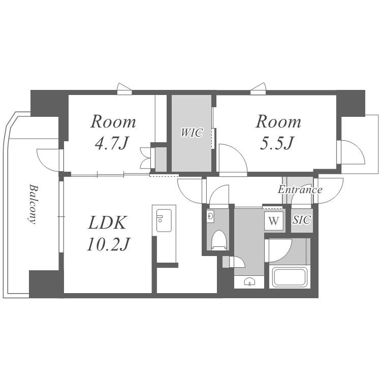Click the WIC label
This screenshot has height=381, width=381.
click(x=192, y=133)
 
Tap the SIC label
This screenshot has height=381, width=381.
click(x=302, y=220)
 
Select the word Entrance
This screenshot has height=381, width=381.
click(x=300, y=189)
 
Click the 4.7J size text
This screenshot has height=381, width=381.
click(x=112, y=143)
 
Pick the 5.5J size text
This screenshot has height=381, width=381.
click(x=277, y=143)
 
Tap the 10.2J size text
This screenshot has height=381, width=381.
click(x=109, y=244)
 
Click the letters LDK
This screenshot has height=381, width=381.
click(x=107, y=223)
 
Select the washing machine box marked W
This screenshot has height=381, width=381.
click(x=274, y=221)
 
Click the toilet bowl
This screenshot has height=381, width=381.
click(x=219, y=240)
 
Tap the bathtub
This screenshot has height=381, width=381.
click(x=289, y=277)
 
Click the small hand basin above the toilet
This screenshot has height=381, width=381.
click(x=210, y=216)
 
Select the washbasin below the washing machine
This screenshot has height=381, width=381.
click(x=249, y=282)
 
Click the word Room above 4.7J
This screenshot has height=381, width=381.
click(x=113, y=121)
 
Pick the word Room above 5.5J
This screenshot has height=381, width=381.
click(x=278, y=121)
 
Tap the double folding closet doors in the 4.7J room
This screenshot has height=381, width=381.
click(x=146, y=157)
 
